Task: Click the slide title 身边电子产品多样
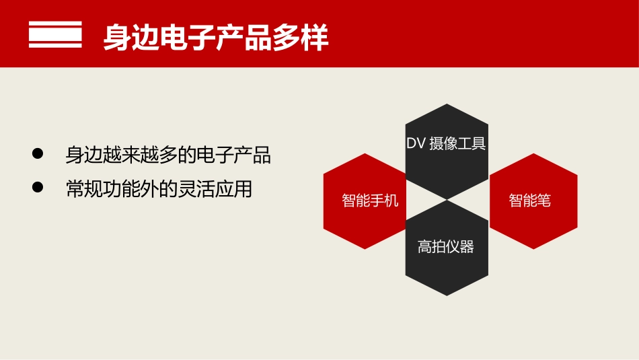[x=216, y=38]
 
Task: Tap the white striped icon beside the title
[x=55, y=35]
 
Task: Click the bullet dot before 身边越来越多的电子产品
[x=38, y=154]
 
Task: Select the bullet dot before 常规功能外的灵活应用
[x=38, y=188]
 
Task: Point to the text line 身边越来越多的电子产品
[x=168, y=155]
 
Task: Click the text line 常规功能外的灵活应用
[x=159, y=189]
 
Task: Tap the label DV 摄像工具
[x=446, y=143]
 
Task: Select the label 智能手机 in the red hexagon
[x=370, y=201]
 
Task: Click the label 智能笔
[x=530, y=201]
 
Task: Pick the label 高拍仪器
[x=446, y=247]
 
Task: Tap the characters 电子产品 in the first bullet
[x=241, y=155]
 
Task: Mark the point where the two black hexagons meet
[x=447, y=200]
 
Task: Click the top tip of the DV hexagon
[x=447, y=104]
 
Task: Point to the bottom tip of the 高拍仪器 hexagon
[x=447, y=295]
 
